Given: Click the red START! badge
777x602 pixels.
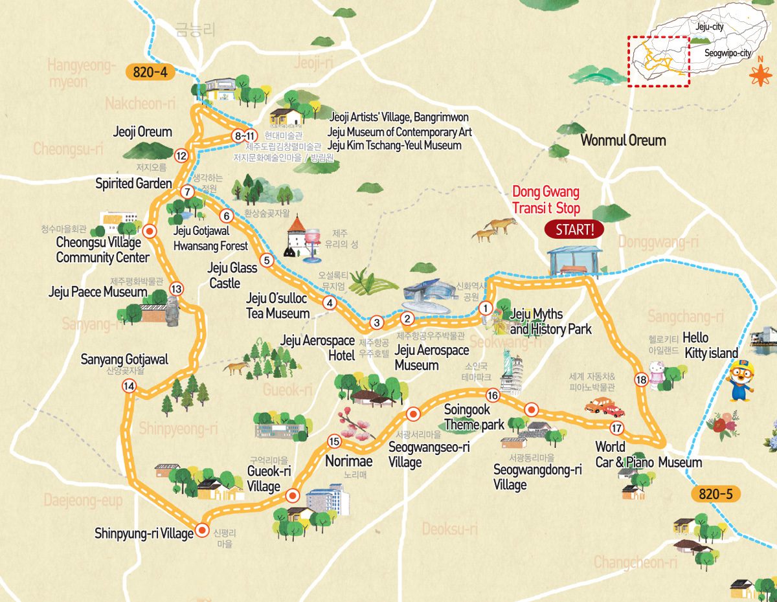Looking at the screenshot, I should click(x=574, y=229).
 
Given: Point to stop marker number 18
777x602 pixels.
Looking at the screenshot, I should click(x=641, y=380).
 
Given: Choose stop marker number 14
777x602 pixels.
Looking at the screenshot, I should click(x=129, y=386).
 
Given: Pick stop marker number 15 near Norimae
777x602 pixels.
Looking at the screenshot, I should click(x=334, y=442).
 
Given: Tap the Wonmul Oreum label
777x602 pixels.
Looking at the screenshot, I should click(x=623, y=140).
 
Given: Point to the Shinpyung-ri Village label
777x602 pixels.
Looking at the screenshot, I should click(x=144, y=534).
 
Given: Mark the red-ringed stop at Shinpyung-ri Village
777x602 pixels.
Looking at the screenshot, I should click(x=202, y=531).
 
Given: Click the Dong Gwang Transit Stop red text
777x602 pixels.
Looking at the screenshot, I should click(x=546, y=200).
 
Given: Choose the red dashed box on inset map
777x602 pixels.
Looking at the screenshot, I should click(x=658, y=61).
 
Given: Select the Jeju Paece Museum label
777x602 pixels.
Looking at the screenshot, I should click(x=98, y=293).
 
